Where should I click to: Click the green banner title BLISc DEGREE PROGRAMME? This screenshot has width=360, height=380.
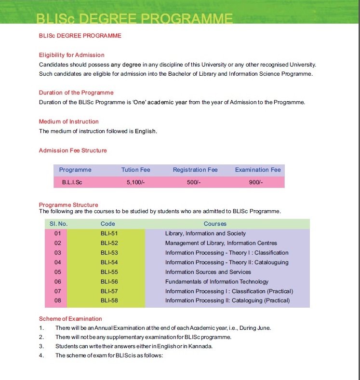click(134, 19)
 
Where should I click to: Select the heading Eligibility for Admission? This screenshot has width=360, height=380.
click(71, 55)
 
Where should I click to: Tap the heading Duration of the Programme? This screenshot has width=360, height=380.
click(76, 93)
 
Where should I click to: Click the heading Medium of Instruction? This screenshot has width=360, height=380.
click(68, 122)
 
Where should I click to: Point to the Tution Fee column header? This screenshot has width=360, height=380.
click(136, 170)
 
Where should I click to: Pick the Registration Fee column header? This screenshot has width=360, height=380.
click(195, 170)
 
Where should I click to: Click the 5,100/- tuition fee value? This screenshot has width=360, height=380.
click(136, 183)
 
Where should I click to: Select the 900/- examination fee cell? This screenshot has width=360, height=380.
click(256, 183)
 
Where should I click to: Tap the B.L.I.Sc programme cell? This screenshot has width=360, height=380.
click(72, 183)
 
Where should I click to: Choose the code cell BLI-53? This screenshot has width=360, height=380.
click(109, 253)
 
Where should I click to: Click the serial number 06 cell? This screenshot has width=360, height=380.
click(58, 282)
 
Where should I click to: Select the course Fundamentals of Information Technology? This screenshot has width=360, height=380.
click(217, 282)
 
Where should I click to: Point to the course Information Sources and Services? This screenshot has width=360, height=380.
click(208, 272)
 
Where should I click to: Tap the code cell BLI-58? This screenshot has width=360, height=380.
click(109, 301)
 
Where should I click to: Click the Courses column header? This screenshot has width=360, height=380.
click(215, 224)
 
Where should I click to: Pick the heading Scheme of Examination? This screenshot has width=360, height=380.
click(70, 319)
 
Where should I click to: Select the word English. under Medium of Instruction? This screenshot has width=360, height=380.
click(146, 131)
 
